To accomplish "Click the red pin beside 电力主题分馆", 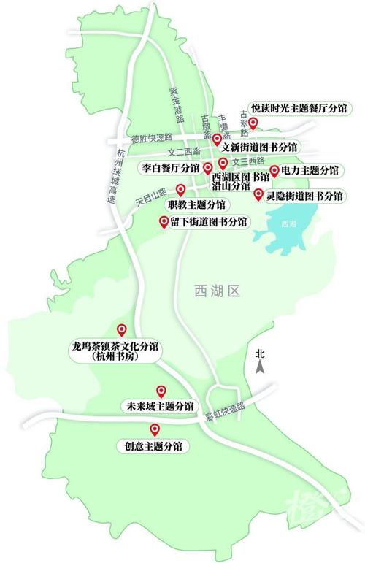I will tap(274, 171).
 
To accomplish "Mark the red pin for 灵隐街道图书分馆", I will tap(258, 194).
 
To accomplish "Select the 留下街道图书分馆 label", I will tap(208, 221).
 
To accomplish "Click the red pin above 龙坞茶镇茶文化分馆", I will tap(122, 330).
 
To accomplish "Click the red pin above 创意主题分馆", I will tap(154, 429).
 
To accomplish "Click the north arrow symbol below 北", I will tap(258, 367).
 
